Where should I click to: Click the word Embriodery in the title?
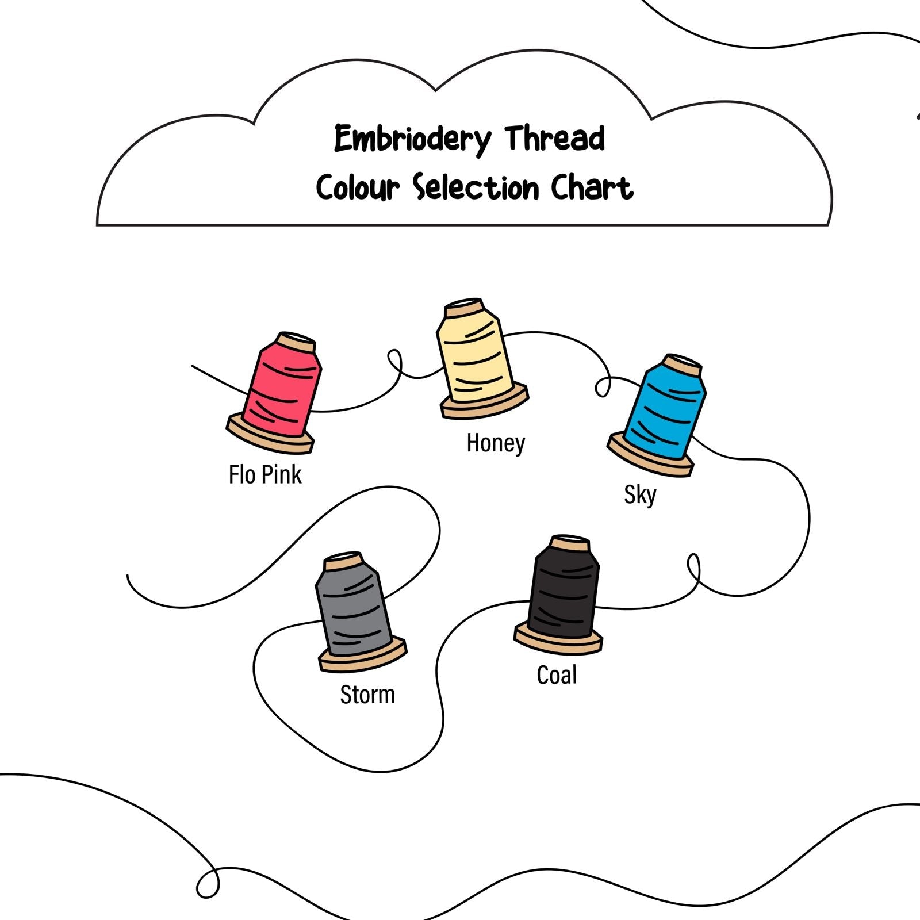tap(413, 139)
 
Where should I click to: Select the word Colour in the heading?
tap(357, 187)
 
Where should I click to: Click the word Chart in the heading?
tap(592, 187)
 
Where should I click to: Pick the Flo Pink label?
tap(265, 475)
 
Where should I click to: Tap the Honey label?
tap(496, 443)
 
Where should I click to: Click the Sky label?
tap(640, 494)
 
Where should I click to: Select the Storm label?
tap(367, 695)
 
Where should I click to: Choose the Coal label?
tap(557, 675)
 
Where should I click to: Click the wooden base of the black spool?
tap(558, 641)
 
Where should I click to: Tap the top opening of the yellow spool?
tap(465, 305)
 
